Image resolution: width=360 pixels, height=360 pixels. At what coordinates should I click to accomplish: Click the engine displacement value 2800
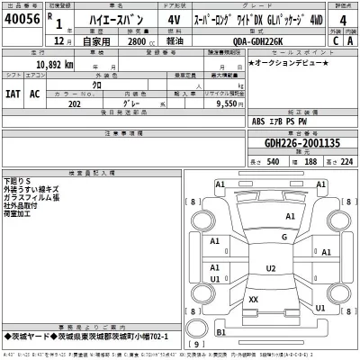[x=137, y=41]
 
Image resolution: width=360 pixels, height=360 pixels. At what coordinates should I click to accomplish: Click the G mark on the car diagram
[x=285, y=236]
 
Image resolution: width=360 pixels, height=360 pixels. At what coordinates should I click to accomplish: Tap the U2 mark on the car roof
[x=270, y=268]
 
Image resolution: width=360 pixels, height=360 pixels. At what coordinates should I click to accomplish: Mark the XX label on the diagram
[x=253, y=299]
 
